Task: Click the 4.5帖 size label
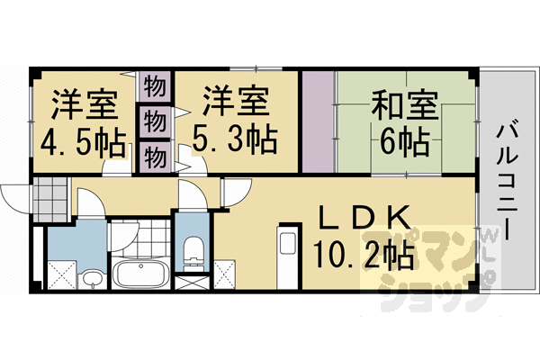[x=83, y=142]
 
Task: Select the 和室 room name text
[x=404, y=105]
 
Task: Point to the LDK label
[x=365, y=218]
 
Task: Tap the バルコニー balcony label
[x=507, y=183]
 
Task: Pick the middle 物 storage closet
[x=155, y=121]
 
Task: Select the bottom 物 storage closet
[x=155, y=157]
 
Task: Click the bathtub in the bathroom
[x=140, y=274]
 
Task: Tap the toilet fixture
[x=193, y=254]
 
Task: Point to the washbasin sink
[x=92, y=279]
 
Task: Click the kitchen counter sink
[x=288, y=244]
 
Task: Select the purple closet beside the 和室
[x=319, y=121]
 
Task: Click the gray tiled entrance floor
[x=51, y=200]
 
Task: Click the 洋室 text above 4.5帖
[x=85, y=105]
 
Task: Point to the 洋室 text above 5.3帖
[x=236, y=101]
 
